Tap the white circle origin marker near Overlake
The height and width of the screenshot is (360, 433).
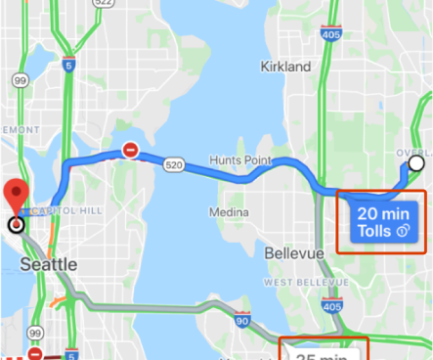[x=416, y=164]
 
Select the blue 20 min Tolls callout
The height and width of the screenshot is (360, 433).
[x=384, y=222]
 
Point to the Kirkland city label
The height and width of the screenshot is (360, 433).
[x=286, y=67]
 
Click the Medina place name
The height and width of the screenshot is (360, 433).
[x=227, y=212]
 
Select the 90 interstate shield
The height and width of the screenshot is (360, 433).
[x=239, y=320]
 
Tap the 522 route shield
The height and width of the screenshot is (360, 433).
[x=104, y=3]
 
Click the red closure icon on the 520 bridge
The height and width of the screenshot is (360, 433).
[x=130, y=150]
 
